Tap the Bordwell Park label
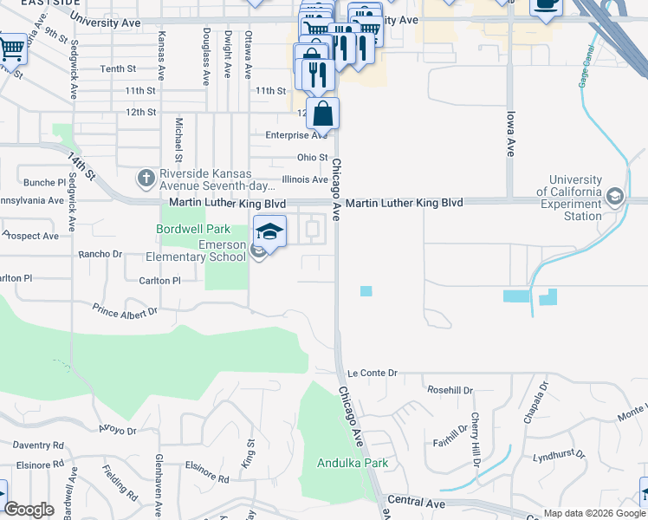click(x=193, y=230)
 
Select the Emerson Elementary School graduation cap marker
click(x=269, y=232)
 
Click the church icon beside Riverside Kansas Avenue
click(x=146, y=179)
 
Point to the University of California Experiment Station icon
click(x=615, y=196)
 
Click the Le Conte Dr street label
click(x=372, y=373)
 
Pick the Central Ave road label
click(x=417, y=501)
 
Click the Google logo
click(x=29, y=510)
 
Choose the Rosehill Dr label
click(x=450, y=390)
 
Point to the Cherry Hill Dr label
click(x=476, y=440)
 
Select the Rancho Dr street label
click(x=100, y=254)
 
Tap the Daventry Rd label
click(x=39, y=445)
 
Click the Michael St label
click(x=178, y=140)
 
